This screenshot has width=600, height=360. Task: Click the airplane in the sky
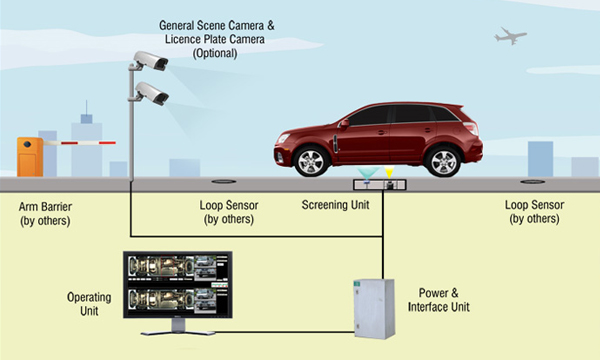pyautogui.click(x=510, y=36)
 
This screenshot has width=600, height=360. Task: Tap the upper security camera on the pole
pyautogui.click(x=150, y=60)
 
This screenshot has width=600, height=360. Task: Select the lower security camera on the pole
pyautogui.click(x=152, y=93)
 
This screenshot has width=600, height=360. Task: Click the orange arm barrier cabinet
pyautogui.click(x=30, y=157)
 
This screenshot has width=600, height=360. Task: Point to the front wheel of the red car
pyautogui.click(x=312, y=161)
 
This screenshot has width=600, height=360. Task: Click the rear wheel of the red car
pyautogui.click(x=443, y=161)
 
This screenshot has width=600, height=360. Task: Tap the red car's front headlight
pyautogui.click(x=283, y=138)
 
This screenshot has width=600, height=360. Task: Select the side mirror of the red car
pyautogui.click(x=344, y=124)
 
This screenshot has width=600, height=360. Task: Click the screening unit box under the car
pyautogui.click(x=379, y=185)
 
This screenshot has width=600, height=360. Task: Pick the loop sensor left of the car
pyautogui.click(x=223, y=181)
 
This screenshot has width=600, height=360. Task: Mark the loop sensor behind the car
pyautogui.click(x=532, y=181)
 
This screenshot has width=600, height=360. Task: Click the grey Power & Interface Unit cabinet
pyautogui.click(x=374, y=309)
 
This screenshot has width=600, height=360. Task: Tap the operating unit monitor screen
pyautogui.click(x=178, y=284)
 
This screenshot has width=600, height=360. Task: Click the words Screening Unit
pyautogui.click(x=336, y=205)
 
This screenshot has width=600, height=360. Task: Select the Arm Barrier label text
pyautogui.click(x=45, y=207)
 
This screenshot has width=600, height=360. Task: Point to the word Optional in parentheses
pyautogui.click(x=215, y=53)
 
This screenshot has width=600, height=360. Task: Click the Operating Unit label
pyautogui.click(x=89, y=304)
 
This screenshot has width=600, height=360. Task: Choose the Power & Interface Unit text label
pyautogui.click(x=439, y=300)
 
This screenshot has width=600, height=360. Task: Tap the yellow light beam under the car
pyautogui.click(x=389, y=173)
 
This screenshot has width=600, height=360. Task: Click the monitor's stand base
pyautogui.click(x=178, y=333)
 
